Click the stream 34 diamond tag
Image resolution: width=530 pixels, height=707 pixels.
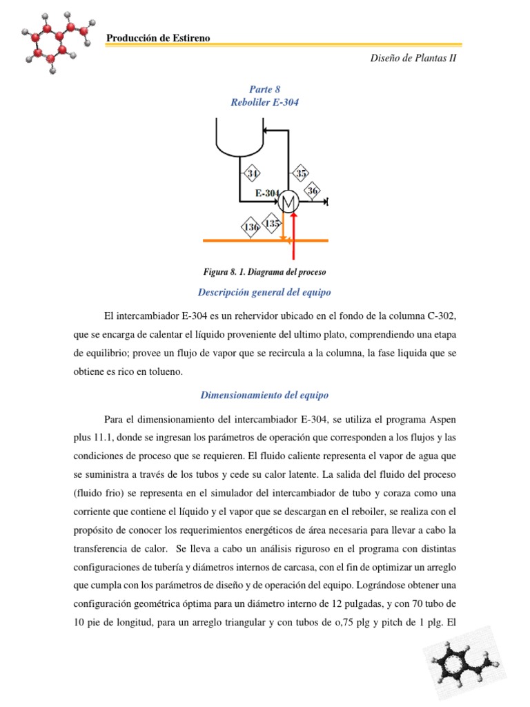[253, 173]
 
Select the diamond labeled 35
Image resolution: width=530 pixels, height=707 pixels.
[300, 173]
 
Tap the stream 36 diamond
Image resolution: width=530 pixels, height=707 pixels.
[313, 191]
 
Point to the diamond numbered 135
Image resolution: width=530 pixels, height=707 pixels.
[273, 224]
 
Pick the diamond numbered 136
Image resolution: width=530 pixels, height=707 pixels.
[250, 226]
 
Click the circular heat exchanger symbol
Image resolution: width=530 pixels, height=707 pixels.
[288, 202]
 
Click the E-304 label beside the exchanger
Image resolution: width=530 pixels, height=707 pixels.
[266, 193]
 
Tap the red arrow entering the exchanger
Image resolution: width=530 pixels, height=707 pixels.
[294, 238]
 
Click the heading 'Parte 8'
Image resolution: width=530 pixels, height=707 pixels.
[264, 89]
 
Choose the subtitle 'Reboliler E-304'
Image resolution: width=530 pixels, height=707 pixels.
[264, 102]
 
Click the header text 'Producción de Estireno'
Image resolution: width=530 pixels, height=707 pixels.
[158, 38]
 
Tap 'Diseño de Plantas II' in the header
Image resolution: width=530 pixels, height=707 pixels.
[413, 58]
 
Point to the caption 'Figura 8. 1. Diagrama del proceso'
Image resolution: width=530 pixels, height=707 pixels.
[264, 272]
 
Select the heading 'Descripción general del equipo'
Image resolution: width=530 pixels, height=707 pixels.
[264, 291]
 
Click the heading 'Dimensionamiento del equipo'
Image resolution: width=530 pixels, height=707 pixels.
[264, 395]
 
